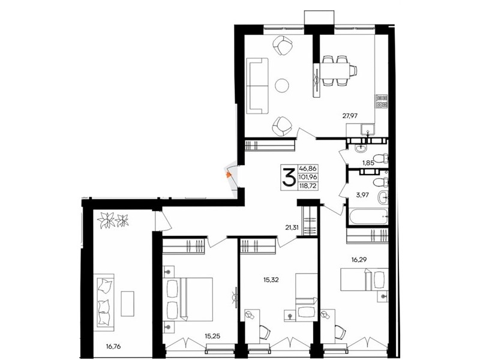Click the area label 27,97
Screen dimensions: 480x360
(350, 115)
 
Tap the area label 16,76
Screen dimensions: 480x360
(113, 347)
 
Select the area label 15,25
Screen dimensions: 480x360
(212, 337)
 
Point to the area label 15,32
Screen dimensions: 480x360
(271, 280)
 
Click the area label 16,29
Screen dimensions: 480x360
(359, 260)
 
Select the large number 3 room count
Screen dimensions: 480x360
(289, 177)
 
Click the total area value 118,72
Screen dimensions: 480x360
(308, 185)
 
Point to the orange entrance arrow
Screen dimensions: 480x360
(228, 175)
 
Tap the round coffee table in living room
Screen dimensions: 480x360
(281, 85)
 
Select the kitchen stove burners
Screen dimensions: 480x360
(382, 101)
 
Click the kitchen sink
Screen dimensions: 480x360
(367, 129)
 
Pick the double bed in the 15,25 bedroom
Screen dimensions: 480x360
(190, 299)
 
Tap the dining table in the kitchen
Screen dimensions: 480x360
(335, 70)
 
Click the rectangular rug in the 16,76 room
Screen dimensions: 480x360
(127, 304)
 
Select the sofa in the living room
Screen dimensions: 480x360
(258, 86)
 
